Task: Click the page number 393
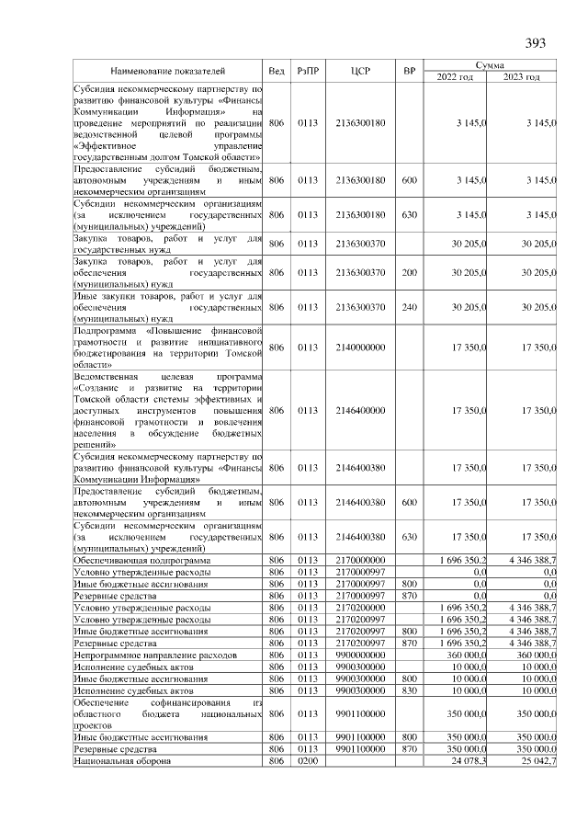coord(536,43)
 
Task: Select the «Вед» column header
coord(277,71)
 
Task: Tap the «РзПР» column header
coord(308,71)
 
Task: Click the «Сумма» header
coord(488,64)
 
